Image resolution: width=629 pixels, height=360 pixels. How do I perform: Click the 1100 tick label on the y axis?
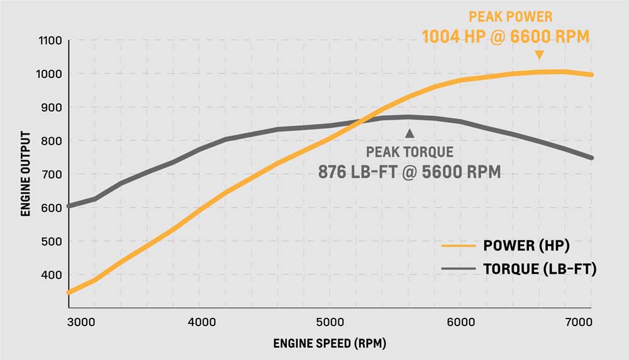(50, 41)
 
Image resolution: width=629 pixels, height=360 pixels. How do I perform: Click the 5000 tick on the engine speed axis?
(330, 320)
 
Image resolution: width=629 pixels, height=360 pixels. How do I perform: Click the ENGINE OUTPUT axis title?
(26, 174)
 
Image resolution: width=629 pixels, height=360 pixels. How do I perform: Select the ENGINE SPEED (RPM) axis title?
(330, 344)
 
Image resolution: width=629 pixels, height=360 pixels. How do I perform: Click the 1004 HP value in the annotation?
(456, 37)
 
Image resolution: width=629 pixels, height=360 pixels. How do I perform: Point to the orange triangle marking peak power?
(539, 56)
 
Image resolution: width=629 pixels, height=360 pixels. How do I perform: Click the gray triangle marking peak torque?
(410, 133)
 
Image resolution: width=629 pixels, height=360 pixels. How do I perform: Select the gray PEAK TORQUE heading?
(409, 152)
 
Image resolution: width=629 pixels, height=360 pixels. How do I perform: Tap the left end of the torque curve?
(69, 206)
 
